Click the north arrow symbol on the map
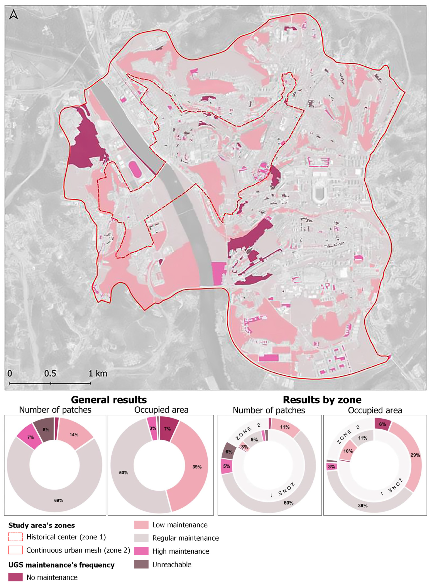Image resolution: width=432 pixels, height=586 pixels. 14,14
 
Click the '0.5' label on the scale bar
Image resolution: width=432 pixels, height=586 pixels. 50,374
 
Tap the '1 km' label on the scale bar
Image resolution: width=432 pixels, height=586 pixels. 98,374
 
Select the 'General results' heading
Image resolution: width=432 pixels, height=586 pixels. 109,400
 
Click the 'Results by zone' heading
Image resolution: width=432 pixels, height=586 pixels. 322,400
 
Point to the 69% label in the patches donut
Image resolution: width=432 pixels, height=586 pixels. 59,500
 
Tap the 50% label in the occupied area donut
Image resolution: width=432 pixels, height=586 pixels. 123,473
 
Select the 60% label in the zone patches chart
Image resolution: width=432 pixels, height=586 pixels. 288,503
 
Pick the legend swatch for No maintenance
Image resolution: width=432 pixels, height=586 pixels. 15,577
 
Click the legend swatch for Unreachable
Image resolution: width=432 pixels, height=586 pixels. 141,564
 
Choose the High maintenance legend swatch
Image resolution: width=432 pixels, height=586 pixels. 141,551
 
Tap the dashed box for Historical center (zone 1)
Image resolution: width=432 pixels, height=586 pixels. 15,537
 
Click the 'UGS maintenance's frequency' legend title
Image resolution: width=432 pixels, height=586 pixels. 61,565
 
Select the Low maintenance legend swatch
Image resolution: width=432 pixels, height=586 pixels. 141,525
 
